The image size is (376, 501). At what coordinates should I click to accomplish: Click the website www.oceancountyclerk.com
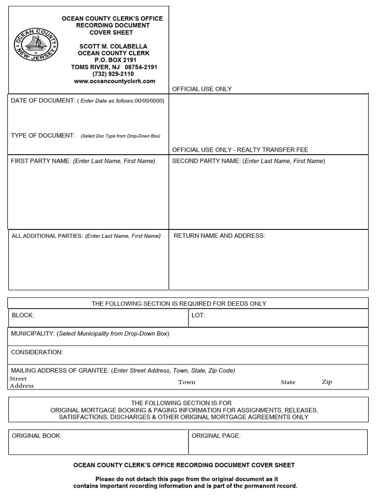point(115,81)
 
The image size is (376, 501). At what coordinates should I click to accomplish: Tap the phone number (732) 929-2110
point(114,74)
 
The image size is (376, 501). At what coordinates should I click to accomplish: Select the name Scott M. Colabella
point(113,46)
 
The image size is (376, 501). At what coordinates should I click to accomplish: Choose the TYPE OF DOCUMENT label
point(43,136)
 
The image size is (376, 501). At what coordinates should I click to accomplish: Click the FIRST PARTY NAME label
point(41,161)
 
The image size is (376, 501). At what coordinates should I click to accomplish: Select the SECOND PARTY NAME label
point(206,161)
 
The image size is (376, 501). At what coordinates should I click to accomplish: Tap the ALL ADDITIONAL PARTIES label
point(47,236)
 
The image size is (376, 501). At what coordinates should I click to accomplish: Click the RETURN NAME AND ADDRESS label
point(219,236)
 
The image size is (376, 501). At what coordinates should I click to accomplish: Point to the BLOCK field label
point(23,316)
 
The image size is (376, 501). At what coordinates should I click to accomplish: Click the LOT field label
point(198,316)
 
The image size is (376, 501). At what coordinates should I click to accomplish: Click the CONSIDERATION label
point(37,352)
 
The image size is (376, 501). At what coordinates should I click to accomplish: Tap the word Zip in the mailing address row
point(327,382)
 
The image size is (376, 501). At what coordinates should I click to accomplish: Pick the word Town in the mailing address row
point(187,382)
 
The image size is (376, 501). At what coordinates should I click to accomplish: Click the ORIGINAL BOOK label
point(37,435)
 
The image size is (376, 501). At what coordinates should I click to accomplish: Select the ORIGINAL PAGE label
point(216,435)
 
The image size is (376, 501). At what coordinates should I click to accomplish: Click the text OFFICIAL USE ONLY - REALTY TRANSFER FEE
point(240,150)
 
